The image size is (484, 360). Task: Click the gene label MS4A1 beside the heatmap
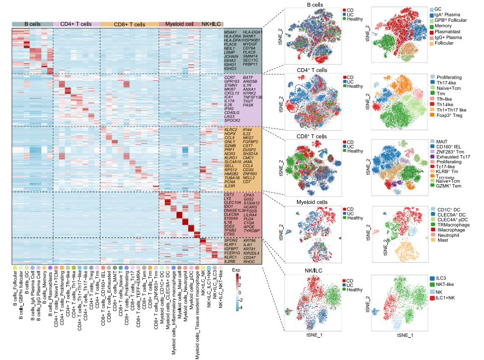230,32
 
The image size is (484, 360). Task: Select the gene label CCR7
229,77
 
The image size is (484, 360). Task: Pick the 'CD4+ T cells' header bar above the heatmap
76,24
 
